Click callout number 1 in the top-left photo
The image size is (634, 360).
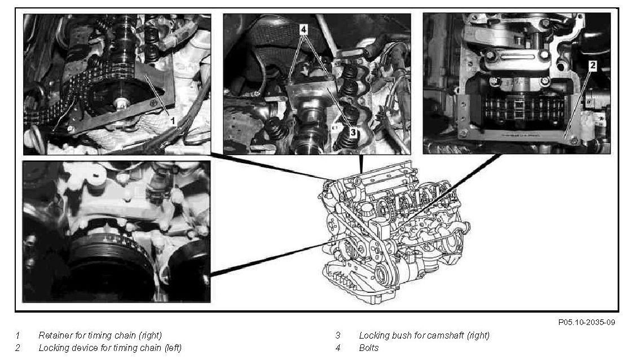click(173, 120)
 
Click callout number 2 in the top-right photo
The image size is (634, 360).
click(592, 65)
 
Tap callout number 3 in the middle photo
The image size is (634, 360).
click(353, 132)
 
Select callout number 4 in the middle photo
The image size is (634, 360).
click(303, 29)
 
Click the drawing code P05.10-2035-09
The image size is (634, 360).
click(587, 322)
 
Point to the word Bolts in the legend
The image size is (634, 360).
click(369, 348)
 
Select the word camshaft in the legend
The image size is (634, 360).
click(445, 335)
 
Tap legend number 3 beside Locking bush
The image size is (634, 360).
click(338, 335)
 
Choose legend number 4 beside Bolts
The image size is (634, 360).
click(338, 348)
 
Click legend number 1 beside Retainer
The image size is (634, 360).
click(17, 335)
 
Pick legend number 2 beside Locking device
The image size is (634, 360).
click(17, 348)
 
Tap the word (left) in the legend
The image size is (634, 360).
click(173, 348)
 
